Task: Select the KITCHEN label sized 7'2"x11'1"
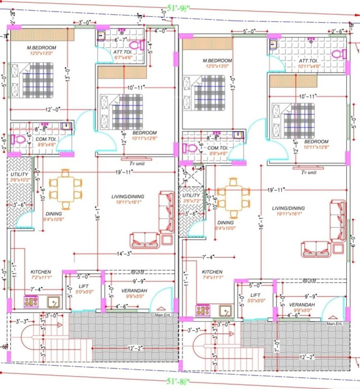pos(41,275)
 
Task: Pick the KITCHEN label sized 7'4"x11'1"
pos(212,275)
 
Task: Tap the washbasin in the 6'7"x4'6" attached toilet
pos(101,35)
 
